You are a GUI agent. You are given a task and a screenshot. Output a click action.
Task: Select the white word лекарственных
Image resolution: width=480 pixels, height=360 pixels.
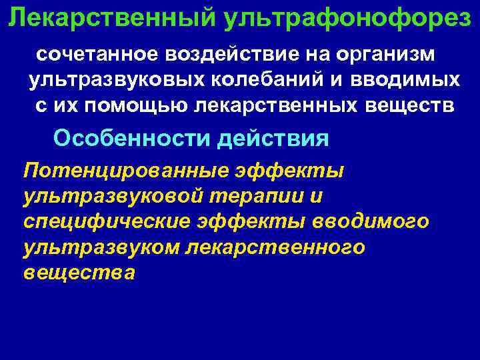(267, 106)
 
